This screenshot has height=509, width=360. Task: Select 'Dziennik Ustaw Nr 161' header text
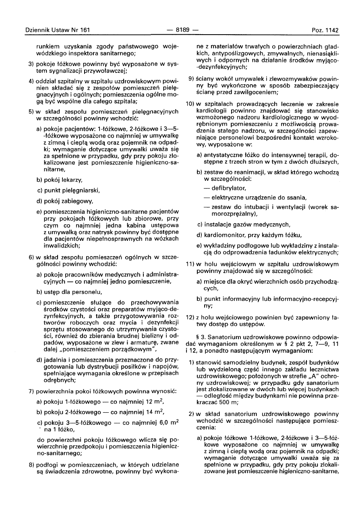57,30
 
